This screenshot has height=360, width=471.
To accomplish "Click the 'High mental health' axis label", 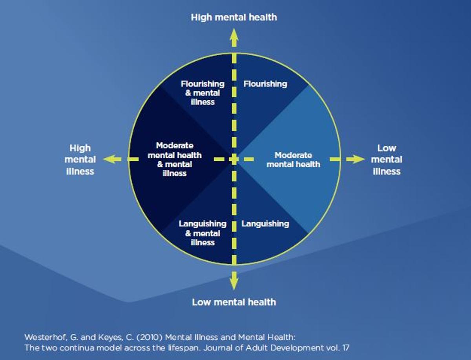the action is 234,17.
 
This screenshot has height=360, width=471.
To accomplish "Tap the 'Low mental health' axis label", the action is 234,302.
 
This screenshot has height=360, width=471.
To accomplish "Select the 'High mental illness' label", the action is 80,160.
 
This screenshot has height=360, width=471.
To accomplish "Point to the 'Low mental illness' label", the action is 387,160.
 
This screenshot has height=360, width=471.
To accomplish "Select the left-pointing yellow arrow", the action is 112,159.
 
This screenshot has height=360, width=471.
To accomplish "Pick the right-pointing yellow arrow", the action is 356,159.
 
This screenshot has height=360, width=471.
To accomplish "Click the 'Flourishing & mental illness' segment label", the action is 203,93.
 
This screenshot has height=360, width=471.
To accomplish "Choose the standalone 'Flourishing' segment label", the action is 265,84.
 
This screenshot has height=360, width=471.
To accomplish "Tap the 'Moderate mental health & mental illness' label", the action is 175,159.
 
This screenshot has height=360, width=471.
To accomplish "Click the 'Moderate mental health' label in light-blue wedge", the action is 293,160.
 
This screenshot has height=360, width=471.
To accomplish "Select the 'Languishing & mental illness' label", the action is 203,233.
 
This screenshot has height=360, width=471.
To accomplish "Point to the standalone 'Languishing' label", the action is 265,224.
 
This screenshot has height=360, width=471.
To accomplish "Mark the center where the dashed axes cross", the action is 234,159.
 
